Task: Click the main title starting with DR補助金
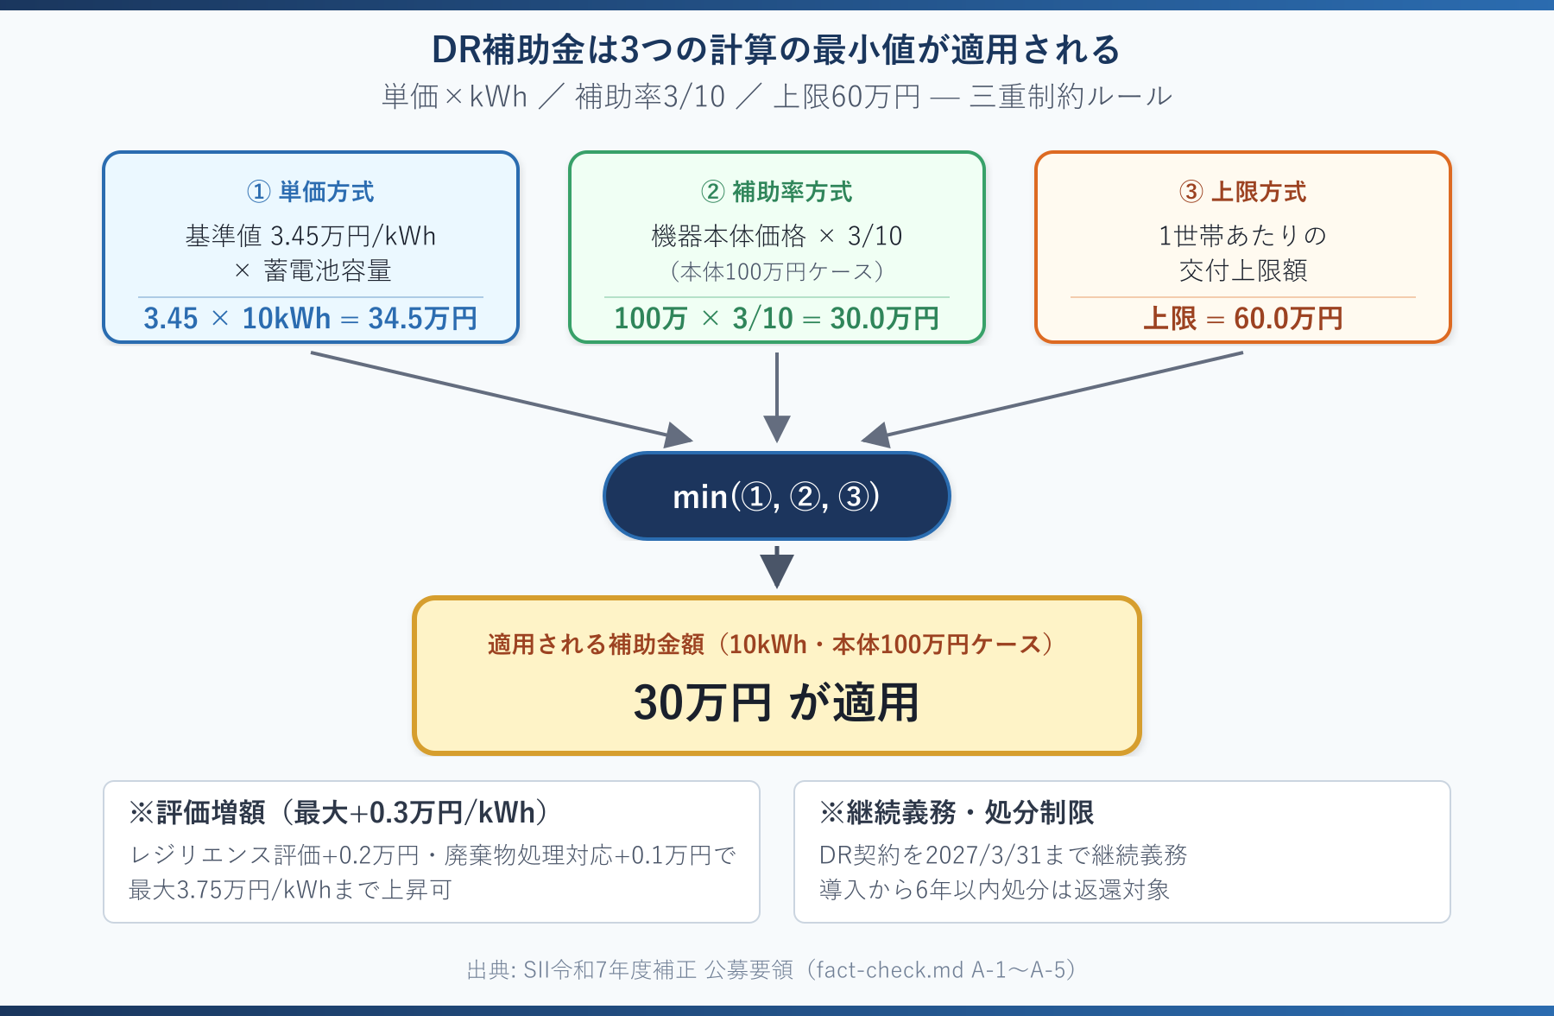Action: pos(776,50)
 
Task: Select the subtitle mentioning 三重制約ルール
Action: pos(776,96)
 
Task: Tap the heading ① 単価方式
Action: pos(311,192)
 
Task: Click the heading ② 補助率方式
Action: pos(776,192)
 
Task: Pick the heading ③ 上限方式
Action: pos(1242,192)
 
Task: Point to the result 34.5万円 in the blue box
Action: pos(422,319)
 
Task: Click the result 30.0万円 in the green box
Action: pos(884,319)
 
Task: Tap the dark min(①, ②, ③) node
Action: pos(776,497)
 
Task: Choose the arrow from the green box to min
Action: pos(776,397)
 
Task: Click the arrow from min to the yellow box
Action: pos(776,568)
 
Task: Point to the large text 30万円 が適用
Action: pos(776,702)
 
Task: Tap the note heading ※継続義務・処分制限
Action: pos(957,813)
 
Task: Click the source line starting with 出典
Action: pos(771,970)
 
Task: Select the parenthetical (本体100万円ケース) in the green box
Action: pos(776,272)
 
